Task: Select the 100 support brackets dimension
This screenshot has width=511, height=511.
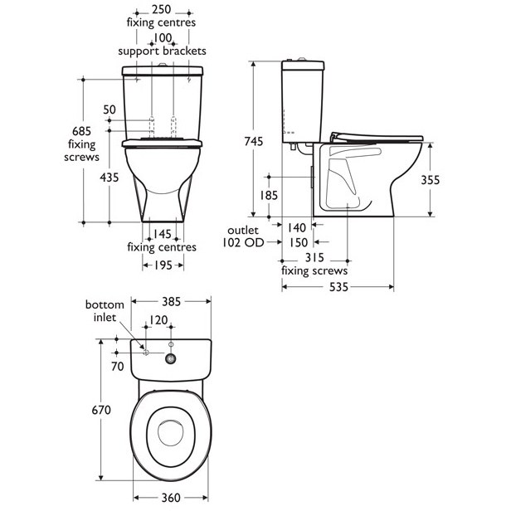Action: coord(161,38)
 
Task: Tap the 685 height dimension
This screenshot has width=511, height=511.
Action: coord(80,131)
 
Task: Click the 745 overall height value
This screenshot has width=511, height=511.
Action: coord(254,142)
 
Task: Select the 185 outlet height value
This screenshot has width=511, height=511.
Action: coord(269,196)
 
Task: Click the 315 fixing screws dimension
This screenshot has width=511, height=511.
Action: coord(314,258)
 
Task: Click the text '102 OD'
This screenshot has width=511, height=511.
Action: coord(242,243)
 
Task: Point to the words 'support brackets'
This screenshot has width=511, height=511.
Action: coord(161,51)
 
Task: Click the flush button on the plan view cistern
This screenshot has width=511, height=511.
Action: coord(172,358)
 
